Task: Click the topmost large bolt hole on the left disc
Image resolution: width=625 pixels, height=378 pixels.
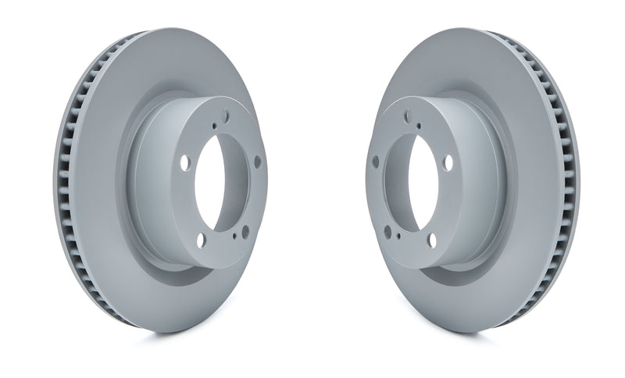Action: [226, 116]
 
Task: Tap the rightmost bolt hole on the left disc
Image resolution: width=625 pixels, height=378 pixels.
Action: [257, 161]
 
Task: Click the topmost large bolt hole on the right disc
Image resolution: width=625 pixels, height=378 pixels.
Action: [406, 116]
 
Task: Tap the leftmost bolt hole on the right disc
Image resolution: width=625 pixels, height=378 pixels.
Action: [375, 161]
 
